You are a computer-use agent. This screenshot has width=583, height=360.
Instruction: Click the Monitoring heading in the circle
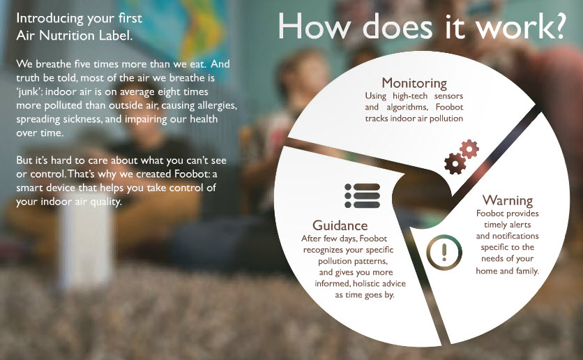pos(414,83)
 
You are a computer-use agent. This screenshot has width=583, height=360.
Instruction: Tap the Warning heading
pos(508,200)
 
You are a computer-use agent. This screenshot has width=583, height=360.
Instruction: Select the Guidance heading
pos(340,225)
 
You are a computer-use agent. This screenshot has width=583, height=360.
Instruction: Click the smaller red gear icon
pos(469,149)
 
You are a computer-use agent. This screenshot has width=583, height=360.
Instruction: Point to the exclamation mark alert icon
pos(444,252)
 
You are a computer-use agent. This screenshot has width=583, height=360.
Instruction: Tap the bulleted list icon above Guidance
pos(362,195)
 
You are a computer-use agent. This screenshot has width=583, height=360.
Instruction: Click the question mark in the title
pos(556,26)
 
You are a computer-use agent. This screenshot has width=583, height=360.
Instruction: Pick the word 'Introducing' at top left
pos(50,19)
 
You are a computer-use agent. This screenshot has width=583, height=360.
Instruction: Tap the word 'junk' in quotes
pos(29,92)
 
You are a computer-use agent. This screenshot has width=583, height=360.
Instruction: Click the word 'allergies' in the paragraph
pos(218,106)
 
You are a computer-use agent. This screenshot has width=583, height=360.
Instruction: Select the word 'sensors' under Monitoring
pos(448,96)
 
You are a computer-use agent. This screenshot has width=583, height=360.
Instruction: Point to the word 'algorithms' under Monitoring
pos(407,107)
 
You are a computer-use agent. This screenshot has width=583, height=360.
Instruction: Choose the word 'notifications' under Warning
pos(515,236)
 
